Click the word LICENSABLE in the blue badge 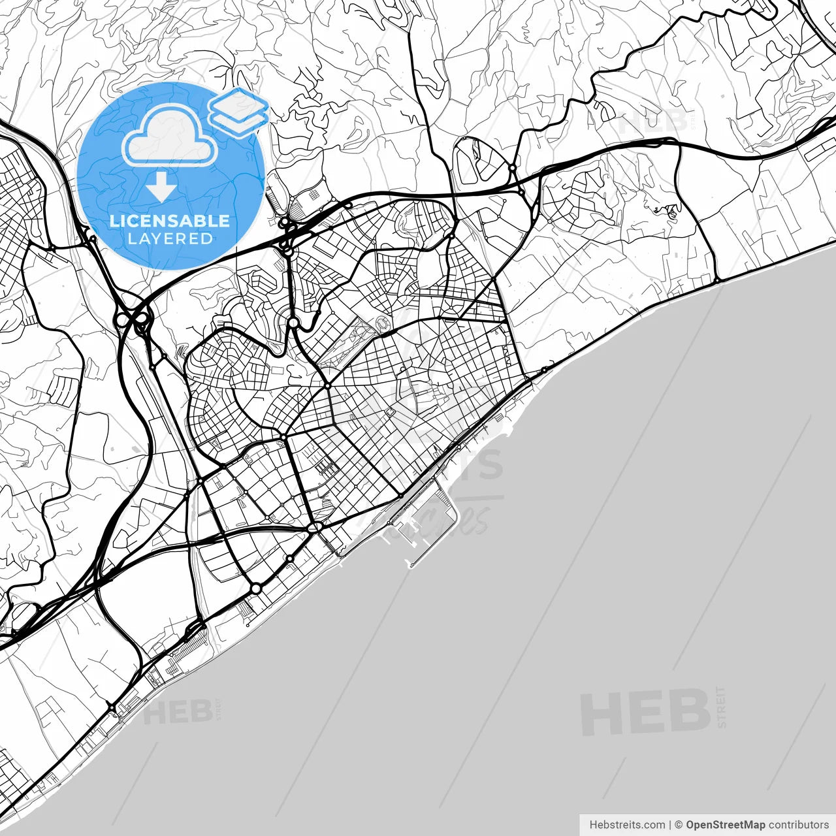[170, 221]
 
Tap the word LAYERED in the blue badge [170, 239]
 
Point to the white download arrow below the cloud [161, 187]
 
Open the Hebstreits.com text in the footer [627, 825]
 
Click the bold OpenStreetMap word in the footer [726, 825]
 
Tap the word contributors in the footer [798, 825]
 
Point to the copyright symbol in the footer [679, 825]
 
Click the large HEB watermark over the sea [645, 712]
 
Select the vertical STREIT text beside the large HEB [721, 707]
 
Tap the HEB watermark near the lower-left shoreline [178, 712]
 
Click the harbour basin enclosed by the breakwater [425, 522]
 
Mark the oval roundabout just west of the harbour [315, 527]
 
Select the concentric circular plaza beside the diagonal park [382, 321]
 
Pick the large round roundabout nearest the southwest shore [256, 588]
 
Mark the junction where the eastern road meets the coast [716, 281]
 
